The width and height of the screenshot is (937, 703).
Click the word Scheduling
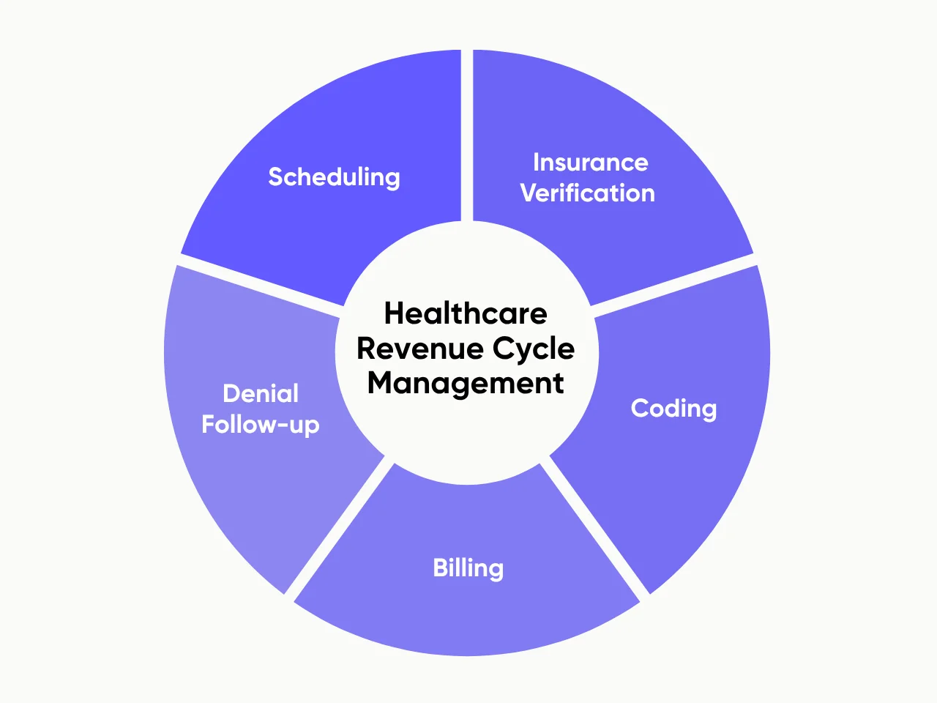[x=334, y=177]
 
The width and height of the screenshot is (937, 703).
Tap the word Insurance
[x=590, y=162]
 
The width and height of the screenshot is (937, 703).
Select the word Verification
[x=587, y=193]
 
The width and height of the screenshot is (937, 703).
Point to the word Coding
[x=673, y=409]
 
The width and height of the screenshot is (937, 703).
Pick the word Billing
[x=468, y=568]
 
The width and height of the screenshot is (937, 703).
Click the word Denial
[x=261, y=393]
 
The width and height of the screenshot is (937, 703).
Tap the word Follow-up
[x=261, y=425]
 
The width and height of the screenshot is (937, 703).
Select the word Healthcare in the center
[x=466, y=313]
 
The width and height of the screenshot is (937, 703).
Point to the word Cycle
[x=534, y=349]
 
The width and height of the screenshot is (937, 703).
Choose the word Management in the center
[x=466, y=383]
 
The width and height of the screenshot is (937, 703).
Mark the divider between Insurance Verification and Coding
[x=673, y=286]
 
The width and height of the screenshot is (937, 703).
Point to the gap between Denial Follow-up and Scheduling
[x=260, y=286]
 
